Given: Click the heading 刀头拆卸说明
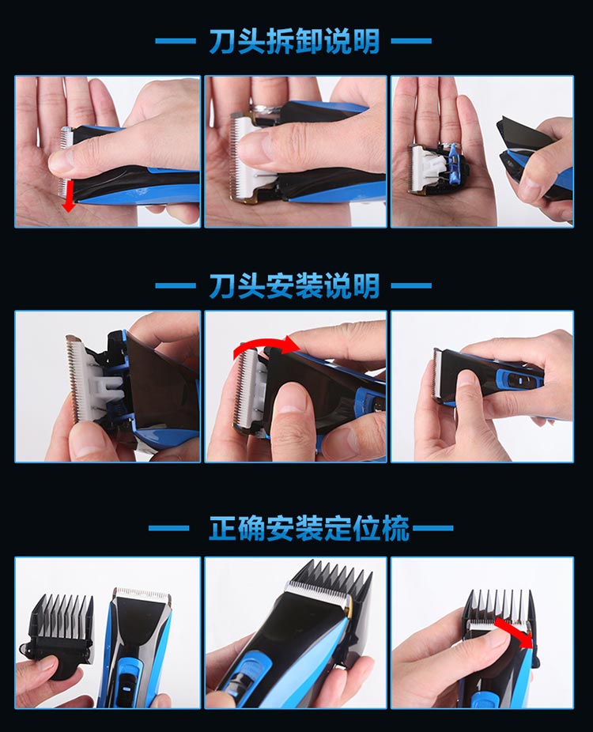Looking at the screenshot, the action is click(x=294, y=41).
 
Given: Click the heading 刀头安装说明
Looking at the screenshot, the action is click(x=294, y=285).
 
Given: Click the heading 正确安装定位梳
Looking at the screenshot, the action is click(x=309, y=529).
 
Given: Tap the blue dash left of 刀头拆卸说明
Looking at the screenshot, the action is click(x=176, y=41).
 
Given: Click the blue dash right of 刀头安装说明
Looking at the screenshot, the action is click(x=411, y=285).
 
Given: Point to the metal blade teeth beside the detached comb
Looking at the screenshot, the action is click(x=143, y=594).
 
